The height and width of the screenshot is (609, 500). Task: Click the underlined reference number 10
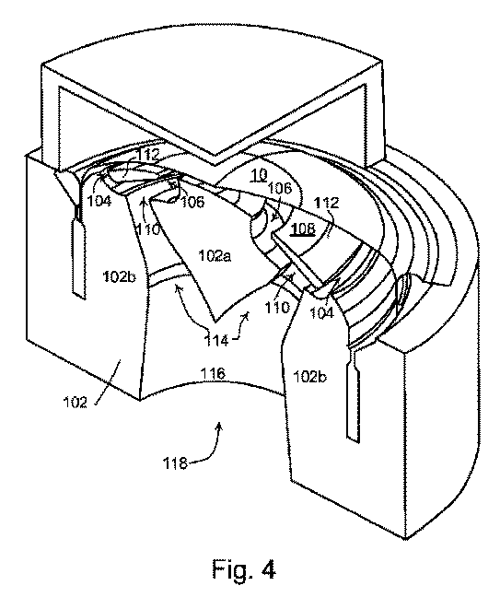click(258, 176)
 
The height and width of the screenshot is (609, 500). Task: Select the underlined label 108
click(303, 228)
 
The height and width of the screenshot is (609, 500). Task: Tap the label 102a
click(215, 255)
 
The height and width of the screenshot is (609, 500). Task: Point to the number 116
click(213, 374)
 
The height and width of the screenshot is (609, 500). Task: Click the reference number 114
click(216, 341)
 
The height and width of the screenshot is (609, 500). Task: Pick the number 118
click(175, 463)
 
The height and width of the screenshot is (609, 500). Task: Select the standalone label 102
click(76, 402)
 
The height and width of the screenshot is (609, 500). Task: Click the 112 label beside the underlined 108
click(327, 203)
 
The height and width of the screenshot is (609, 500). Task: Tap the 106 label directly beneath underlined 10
click(280, 188)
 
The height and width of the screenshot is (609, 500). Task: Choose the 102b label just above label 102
click(119, 276)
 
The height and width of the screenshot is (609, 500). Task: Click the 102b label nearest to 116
click(309, 376)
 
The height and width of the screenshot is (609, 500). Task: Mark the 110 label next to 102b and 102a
click(147, 229)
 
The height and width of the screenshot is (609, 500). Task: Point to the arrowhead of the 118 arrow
click(220, 425)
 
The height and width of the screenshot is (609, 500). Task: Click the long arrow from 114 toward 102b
click(188, 305)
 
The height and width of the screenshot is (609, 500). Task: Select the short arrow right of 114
click(239, 327)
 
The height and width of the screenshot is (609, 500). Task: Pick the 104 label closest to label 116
click(321, 312)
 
